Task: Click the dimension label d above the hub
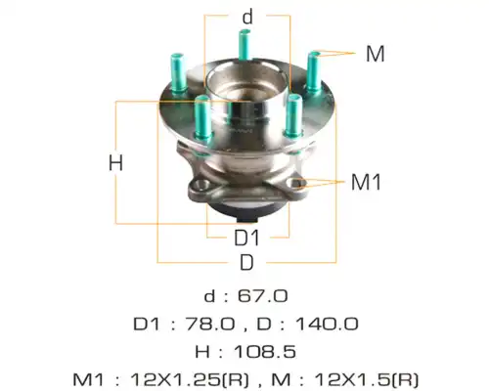point(247,17)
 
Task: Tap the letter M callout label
point(376,54)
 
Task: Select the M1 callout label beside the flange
point(366,182)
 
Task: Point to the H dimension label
point(115,162)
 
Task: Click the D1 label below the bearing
point(246,238)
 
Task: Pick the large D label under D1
point(246,263)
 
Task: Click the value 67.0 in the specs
point(263,296)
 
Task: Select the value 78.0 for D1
point(210,325)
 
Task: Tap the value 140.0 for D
point(327,325)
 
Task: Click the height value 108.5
point(265,352)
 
